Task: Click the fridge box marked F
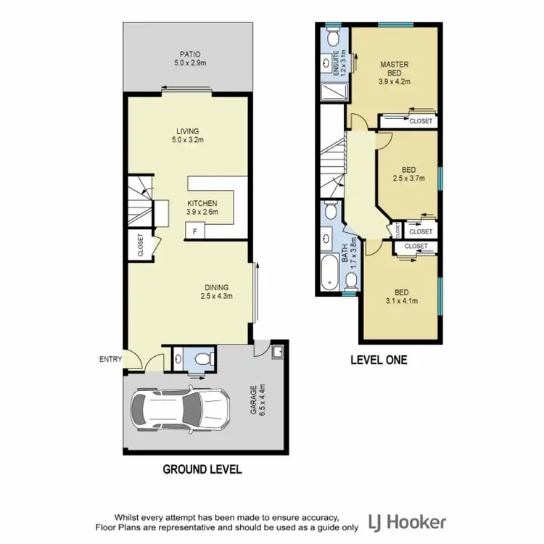click(x=194, y=231)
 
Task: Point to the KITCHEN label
click(x=202, y=203)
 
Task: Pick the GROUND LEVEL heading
click(x=202, y=469)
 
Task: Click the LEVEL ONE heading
click(x=378, y=359)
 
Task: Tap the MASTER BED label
click(x=395, y=69)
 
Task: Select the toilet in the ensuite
click(x=332, y=36)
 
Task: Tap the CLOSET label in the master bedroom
click(x=420, y=121)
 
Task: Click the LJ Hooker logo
click(x=408, y=522)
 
